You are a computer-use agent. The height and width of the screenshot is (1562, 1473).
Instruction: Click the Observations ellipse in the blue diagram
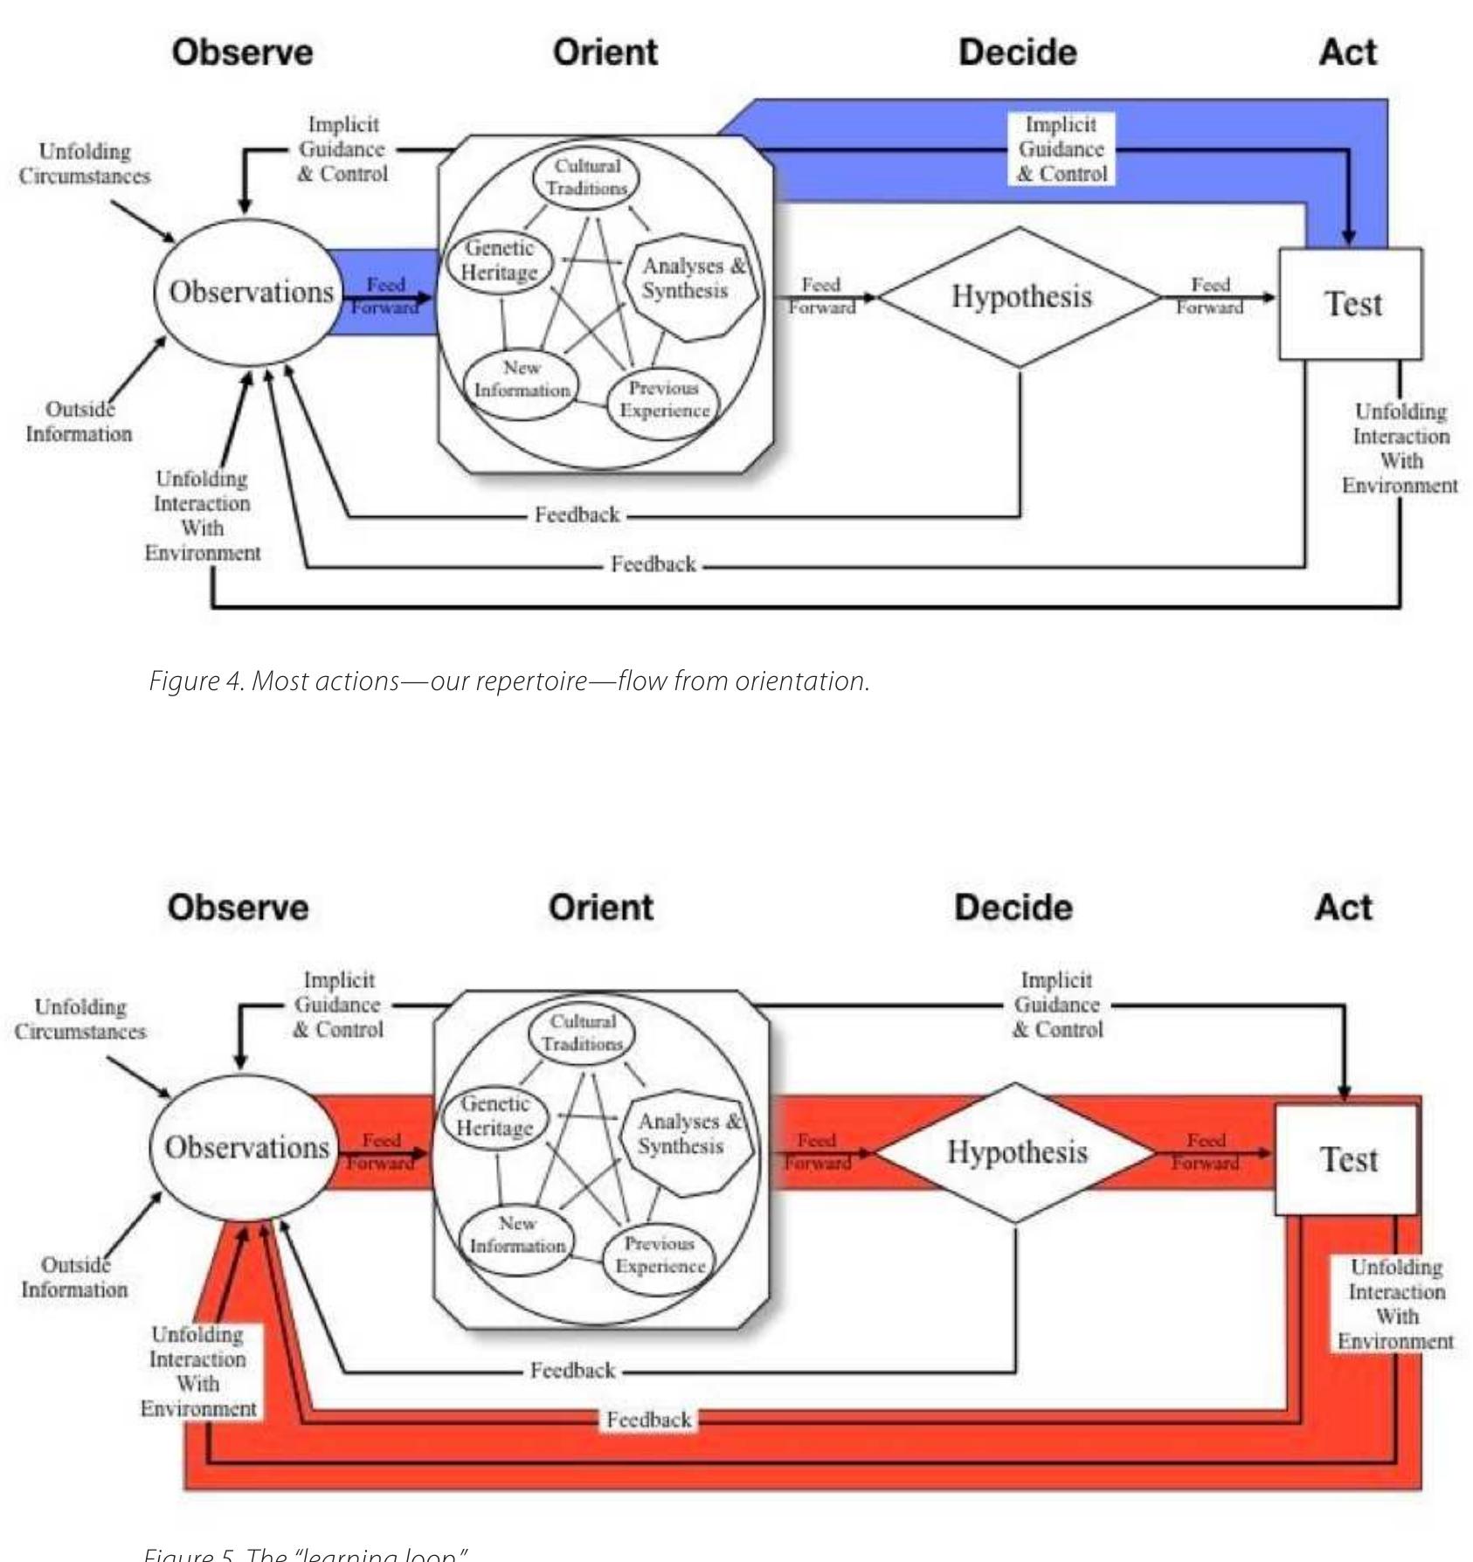pyautogui.click(x=251, y=292)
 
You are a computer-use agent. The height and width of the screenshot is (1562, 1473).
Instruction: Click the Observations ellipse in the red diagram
pyautogui.click(x=246, y=1147)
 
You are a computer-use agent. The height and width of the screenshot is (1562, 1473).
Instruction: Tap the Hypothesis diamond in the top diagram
pyautogui.click(x=1020, y=297)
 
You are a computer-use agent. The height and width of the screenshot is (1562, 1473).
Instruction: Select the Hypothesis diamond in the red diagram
pyautogui.click(x=1016, y=1152)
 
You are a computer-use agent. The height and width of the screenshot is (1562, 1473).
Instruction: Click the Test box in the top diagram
pyautogui.click(x=1352, y=304)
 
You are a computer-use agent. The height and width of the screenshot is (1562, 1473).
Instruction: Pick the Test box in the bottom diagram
pyautogui.click(x=1347, y=1159)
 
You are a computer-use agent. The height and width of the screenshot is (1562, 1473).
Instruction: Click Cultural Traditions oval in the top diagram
pyautogui.click(x=586, y=177)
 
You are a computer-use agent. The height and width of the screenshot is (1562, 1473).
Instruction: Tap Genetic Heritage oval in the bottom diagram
pyautogui.click(x=494, y=1116)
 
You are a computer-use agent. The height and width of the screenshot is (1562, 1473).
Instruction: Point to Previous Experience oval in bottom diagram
pyautogui.click(x=660, y=1255)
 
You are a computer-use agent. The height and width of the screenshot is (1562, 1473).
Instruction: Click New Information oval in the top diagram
pyautogui.click(x=522, y=380)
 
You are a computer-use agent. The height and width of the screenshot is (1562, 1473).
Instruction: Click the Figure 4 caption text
pyautogui.click(x=508, y=681)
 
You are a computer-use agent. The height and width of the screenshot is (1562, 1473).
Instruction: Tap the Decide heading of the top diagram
pyautogui.click(x=1017, y=52)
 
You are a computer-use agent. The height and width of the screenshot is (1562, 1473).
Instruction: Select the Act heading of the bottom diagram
pyautogui.click(x=1344, y=908)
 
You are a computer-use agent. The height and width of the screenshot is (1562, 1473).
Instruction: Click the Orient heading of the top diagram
pyautogui.click(x=605, y=52)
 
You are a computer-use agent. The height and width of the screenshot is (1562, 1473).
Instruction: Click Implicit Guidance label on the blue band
pyautogui.click(x=1062, y=149)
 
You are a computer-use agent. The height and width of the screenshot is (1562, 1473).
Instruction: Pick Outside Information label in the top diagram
pyautogui.click(x=79, y=422)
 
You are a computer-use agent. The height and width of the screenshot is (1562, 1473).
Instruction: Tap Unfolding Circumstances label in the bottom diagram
pyautogui.click(x=80, y=1019)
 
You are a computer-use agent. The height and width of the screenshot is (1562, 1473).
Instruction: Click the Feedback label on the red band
pyautogui.click(x=648, y=1420)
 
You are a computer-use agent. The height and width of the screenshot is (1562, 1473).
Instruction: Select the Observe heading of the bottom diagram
pyautogui.click(x=238, y=908)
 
